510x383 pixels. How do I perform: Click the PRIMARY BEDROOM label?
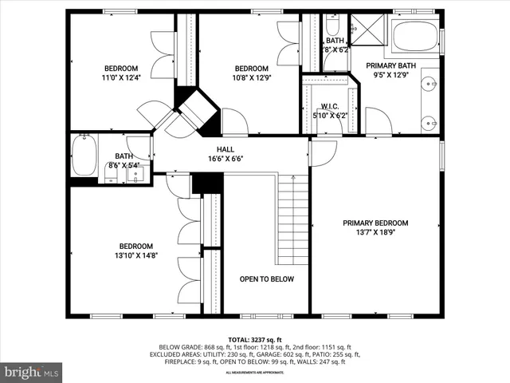tap(375, 223)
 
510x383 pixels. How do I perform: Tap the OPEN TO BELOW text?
tap(267, 279)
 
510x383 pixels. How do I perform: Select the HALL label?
tap(226, 149)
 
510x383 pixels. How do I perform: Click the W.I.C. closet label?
tap(331, 106)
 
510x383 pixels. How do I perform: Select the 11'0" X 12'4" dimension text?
tap(121, 77)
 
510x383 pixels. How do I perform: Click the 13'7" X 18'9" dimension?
tap(375, 232)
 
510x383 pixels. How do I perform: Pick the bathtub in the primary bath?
tap(414, 37)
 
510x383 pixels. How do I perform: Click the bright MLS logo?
tap(32, 372)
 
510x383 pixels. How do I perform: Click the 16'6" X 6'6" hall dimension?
tap(226, 158)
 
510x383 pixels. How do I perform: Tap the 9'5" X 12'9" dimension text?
tap(390, 75)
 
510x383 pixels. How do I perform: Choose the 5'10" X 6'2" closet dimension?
tap(331, 115)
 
